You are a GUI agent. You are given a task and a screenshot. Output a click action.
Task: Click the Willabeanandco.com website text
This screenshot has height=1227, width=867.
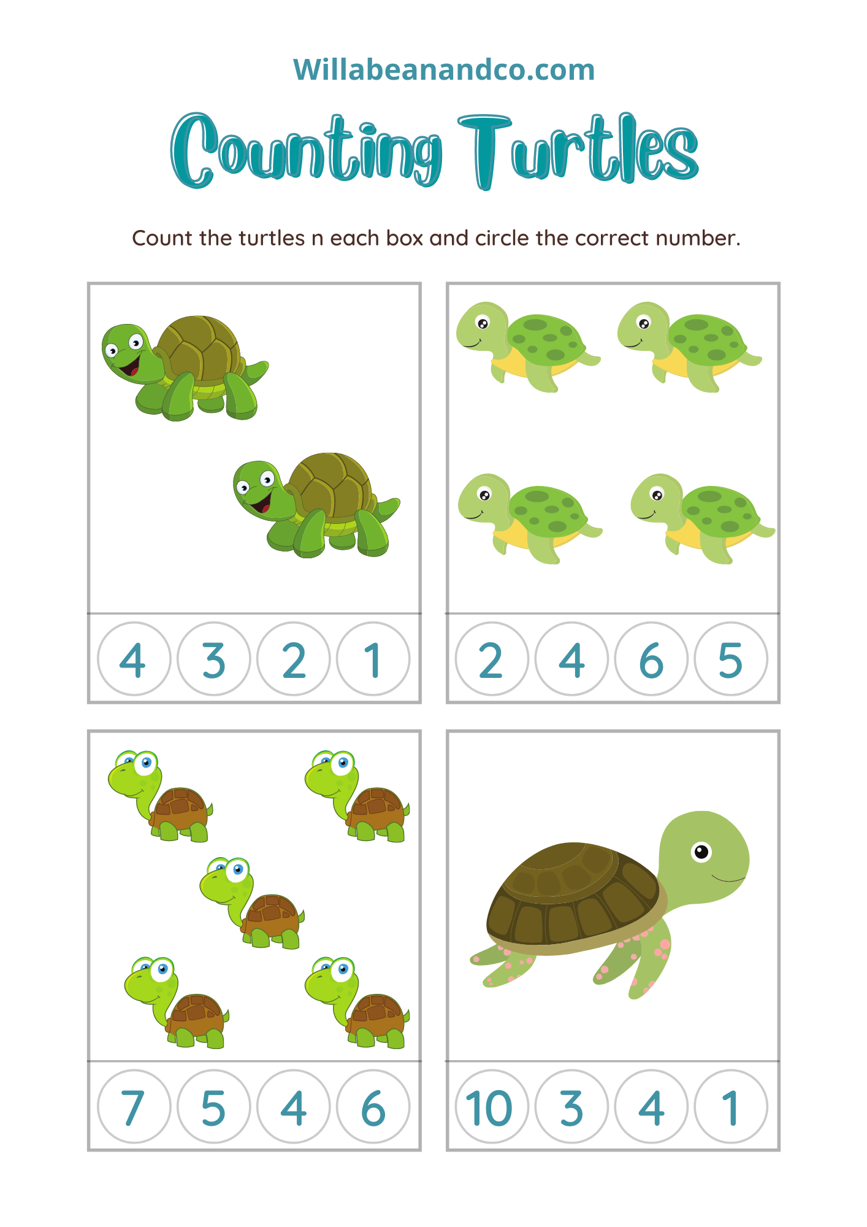(x=444, y=69)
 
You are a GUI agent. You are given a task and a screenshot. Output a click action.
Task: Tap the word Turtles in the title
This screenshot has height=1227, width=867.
(x=578, y=151)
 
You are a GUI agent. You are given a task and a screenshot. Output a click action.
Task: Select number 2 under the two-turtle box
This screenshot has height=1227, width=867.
(x=294, y=660)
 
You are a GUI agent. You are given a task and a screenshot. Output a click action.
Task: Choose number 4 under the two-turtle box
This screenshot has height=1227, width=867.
(x=133, y=660)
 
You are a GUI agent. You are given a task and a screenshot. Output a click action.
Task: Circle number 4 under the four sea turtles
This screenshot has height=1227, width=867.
(x=571, y=660)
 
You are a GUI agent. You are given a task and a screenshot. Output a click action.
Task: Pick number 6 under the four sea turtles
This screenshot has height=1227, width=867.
(x=651, y=660)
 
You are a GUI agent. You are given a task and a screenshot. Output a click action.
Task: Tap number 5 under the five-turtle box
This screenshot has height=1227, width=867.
(x=213, y=1108)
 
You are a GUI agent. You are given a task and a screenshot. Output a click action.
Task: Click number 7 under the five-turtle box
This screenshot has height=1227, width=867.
(x=133, y=1108)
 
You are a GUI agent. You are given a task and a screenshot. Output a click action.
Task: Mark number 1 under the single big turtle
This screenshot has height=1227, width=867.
(x=730, y=1108)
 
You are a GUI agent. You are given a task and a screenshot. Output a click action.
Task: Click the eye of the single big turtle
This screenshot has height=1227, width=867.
(x=701, y=852)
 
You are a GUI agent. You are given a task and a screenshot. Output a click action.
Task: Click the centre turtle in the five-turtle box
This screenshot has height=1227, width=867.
(x=251, y=903)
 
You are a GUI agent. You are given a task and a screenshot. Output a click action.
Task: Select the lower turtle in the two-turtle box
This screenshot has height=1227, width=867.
(x=316, y=505)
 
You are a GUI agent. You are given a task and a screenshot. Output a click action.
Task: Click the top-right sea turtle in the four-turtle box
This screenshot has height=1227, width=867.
(x=689, y=347)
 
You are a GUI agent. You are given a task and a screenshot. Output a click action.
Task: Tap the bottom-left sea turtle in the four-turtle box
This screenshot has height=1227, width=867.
(x=530, y=518)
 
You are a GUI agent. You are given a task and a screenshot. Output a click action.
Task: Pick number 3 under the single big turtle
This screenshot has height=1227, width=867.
(x=571, y=1108)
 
